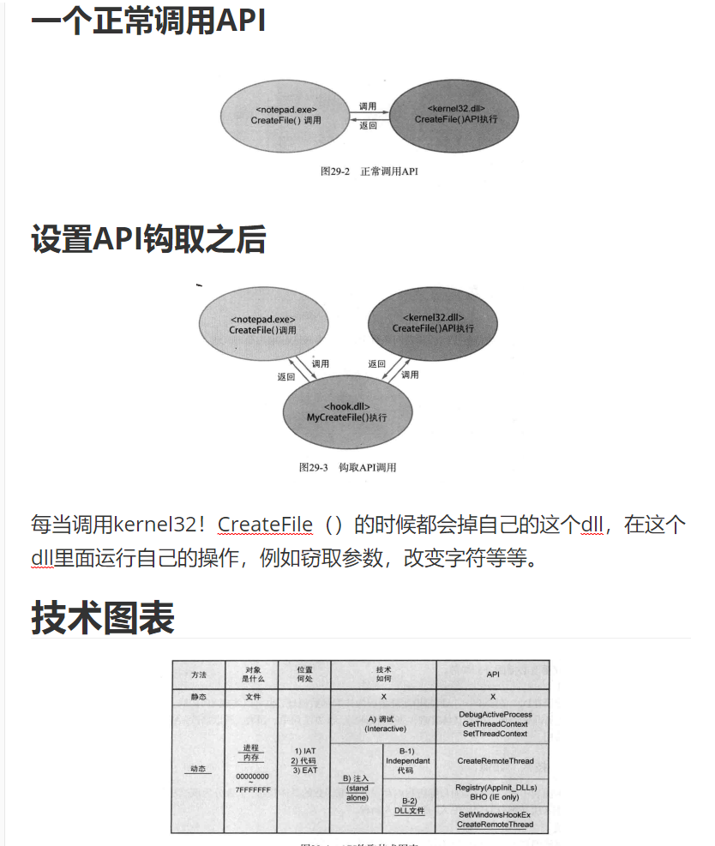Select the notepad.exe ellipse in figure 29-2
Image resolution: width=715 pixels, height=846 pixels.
tap(286, 115)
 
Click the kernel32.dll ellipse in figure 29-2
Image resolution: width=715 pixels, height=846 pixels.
tap(455, 115)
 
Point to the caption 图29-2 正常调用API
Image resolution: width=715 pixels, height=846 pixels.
tap(369, 171)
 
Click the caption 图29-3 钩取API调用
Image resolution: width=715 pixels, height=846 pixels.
tap(347, 467)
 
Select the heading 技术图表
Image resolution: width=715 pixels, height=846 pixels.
tap(103, 617)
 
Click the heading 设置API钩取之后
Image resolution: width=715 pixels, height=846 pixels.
tap(148, 239)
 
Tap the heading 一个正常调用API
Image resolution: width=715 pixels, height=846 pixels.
tap(148, 21)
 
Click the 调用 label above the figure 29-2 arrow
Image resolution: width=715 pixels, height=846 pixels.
tap(368, 106)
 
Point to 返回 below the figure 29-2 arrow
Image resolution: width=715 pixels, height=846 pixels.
tap(368, 126)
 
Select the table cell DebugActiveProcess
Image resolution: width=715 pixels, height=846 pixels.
tap(495, 714)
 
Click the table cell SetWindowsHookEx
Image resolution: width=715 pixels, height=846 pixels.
tap(495, 814)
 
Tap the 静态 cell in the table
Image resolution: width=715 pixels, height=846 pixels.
tap(198, 697)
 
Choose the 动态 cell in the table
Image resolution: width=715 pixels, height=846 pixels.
tap(198, 769)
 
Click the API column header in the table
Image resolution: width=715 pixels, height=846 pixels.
tap(493, 674)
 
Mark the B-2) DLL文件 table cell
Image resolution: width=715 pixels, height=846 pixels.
tap(410, 806)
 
